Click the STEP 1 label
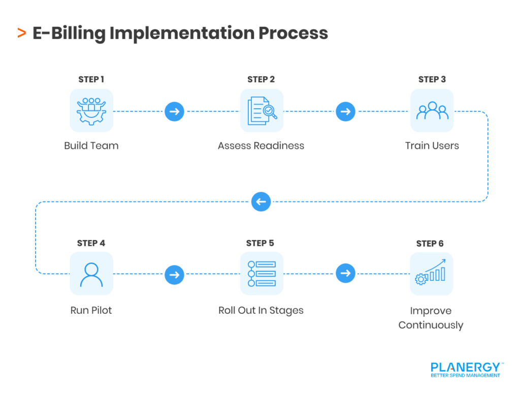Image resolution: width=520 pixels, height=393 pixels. point(91,80)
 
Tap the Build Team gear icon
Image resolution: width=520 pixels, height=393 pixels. point(91,111)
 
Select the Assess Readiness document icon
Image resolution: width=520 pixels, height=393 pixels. point(262,111)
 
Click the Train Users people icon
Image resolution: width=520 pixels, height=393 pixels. point(432,111)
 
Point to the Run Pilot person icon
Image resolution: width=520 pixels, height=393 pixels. point(91,274)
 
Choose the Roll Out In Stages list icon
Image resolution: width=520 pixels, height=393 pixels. point(262,274)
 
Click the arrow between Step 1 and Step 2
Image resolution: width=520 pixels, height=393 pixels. point(174,111)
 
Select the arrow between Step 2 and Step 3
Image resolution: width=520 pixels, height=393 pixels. point(345,111)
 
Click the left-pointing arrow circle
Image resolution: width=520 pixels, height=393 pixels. point(261,202)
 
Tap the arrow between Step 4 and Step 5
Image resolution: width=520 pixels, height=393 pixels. point(174,275)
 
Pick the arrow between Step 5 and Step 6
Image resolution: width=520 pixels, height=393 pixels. point(345,274)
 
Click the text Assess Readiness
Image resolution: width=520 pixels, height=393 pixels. point(261,146)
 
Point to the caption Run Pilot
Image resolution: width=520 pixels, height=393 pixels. point(91,310)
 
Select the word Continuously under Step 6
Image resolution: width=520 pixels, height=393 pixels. point(431,325)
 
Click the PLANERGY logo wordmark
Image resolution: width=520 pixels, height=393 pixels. point(465,367)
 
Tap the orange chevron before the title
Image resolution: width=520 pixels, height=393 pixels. point(21,34)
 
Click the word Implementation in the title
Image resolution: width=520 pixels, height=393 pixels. point(182,34)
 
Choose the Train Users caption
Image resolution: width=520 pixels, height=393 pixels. point(432,146)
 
